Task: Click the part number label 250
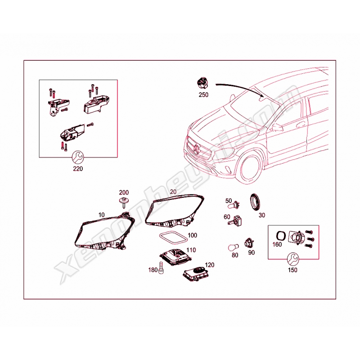[x=203, y=94]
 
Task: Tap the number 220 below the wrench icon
[x=78, y=169]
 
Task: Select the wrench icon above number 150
[x=293, y=259]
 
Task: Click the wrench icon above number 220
[x=78, y=157]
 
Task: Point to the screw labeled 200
[x=123, y=202]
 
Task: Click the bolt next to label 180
[x=162, y=268]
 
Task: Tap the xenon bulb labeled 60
[x=235, y=220]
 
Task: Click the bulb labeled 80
[x=234, y=247]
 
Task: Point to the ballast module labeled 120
[x=196, y=274]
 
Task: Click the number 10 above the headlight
[x=101, y=215]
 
